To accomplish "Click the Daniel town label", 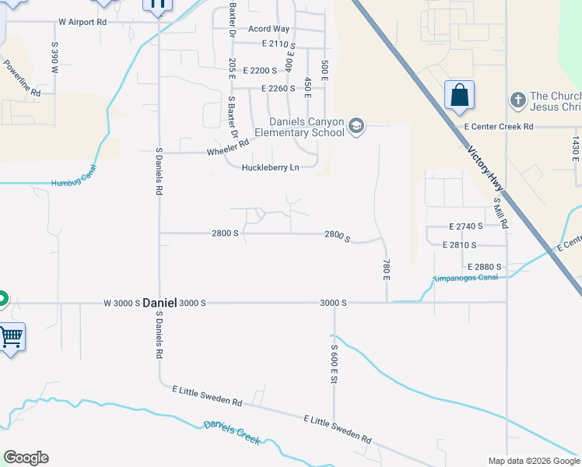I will tap(160, 303).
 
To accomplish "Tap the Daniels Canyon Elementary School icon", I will tap(356, 126).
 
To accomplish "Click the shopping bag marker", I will tap(459, 96).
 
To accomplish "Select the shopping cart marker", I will tap(11, 337).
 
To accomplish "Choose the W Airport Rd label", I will tap(80, 22).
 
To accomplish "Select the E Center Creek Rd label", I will tap(499, 126).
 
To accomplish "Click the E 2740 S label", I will tap(466, 226).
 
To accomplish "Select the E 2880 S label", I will tap(484, 266).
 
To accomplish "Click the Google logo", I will tap(26, 458).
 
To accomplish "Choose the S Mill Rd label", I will tap(502, 212).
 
